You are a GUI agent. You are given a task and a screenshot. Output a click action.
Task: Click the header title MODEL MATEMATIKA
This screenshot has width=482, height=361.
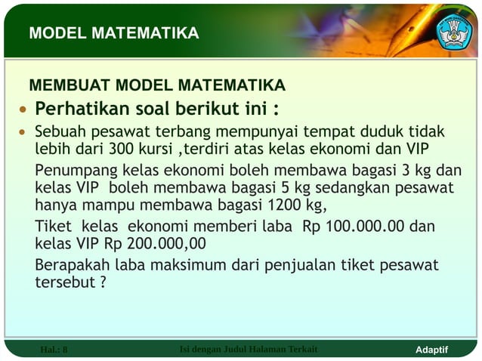pyautogui.click(x=113, y=33)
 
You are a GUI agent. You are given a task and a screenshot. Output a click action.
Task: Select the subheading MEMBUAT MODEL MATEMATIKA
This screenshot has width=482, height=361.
pyautogui.click(x=156, y=84)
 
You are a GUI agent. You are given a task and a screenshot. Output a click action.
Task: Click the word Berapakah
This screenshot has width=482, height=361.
pyautogui.click(x=72, y=265)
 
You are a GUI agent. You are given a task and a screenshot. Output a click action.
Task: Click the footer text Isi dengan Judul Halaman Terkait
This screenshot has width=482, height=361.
pyautogui.click(x=249, y=349)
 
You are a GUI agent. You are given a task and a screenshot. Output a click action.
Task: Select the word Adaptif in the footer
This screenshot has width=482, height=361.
pyautogui.click(x=432, y=350)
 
